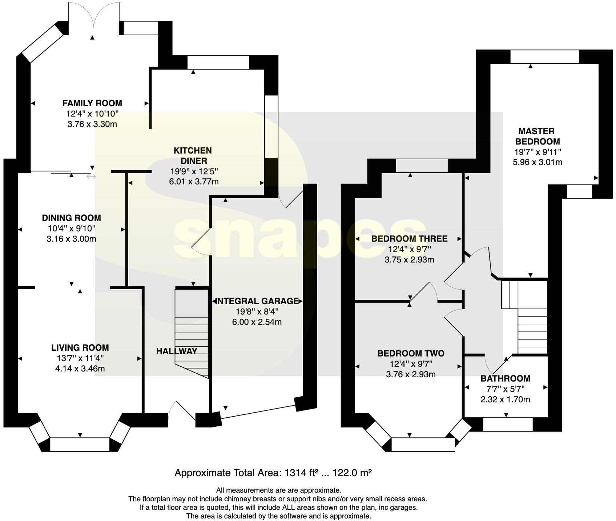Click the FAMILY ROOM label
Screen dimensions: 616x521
(92, 103)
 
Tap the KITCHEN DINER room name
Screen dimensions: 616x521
(192, 156)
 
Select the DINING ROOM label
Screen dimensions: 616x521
(71, 218)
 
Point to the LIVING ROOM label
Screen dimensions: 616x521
(80, 347)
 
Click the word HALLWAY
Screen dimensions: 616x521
(177, 351)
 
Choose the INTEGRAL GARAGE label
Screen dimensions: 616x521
(257, 301)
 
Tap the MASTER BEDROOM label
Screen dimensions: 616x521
(536, 136)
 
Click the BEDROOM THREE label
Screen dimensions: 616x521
(409, 239)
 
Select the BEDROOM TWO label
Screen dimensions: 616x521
(411, 353)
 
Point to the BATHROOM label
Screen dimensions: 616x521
(505, 378)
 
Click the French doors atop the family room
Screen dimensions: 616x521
(93, 15)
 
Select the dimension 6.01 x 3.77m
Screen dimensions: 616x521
(194, 181)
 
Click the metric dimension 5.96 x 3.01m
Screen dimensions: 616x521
(538, 162)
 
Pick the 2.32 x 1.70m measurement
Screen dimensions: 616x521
(505, 399)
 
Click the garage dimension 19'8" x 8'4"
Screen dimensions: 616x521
(257, 311)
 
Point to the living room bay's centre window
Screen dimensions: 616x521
(80, 444)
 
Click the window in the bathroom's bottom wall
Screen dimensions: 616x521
(508, 425)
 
